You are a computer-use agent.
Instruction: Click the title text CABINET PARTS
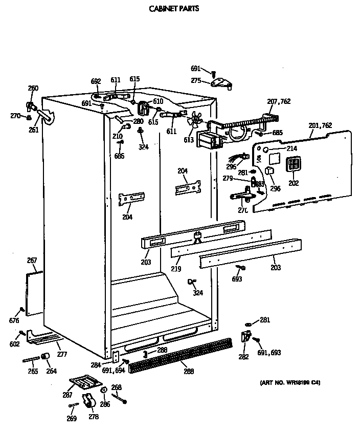(x=174, y=9)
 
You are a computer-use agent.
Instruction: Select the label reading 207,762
(x=279, y=101)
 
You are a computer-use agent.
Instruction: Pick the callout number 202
(x=293, y=183)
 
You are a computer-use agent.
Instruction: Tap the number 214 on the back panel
(x=291, y=148)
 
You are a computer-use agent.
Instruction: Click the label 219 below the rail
(x=176, y=268)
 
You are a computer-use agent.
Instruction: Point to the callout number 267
(x=32, y=261)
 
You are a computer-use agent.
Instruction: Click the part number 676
(x=14, y=321)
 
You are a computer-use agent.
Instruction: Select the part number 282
(x=244, y=357)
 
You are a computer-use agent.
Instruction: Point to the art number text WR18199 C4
(x=290, y=383)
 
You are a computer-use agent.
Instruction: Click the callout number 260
(x=33, y=88)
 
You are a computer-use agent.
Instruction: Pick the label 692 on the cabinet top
(x=96, y=81)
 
